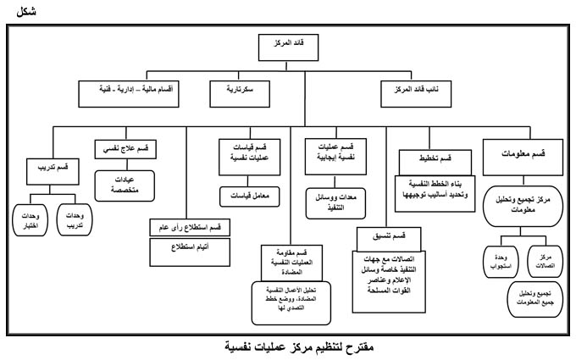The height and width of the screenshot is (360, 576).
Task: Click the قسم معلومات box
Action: tap(519, 154)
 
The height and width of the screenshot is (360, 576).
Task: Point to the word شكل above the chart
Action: tap(16, 11)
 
